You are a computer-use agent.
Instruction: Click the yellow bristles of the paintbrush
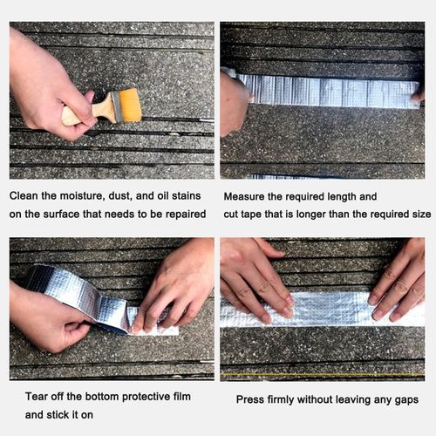(x=129, y=106)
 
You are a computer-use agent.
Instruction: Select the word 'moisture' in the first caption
(x=80, y=197)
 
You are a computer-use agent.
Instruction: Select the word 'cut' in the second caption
(x=233, y=214)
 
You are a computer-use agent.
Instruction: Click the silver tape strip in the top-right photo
(x=331, y=90)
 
